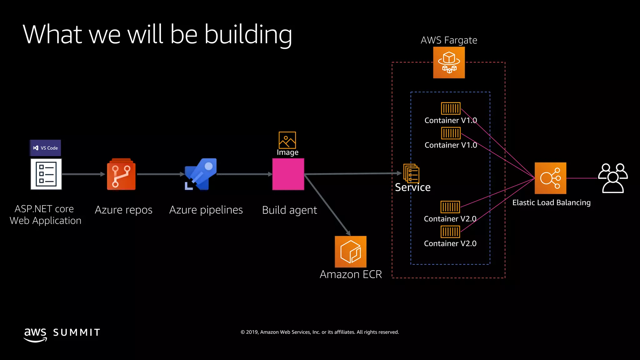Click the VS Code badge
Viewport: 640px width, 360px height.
coord(45,148)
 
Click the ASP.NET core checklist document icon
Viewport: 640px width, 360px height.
coord(46,174)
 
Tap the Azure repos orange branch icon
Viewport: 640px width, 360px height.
coord(121,175)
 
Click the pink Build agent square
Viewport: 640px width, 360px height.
coord(288,174)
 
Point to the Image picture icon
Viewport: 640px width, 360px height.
coord(287,140)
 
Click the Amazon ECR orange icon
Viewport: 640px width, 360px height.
coord(350,252)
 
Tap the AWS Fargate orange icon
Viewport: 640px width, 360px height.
coord(449,62)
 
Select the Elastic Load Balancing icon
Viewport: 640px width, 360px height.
coord(550,178)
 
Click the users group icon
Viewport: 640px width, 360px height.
coord(613,178)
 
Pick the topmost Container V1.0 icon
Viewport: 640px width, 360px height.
coord(451,108)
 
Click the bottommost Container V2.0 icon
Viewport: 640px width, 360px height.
coord(450,232)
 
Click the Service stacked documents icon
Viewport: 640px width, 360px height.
coord(411,173)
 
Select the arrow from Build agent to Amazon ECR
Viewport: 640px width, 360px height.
coord(327,205)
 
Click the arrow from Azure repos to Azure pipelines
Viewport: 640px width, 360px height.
coord(160,174)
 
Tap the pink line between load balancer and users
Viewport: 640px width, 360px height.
coord(582,178)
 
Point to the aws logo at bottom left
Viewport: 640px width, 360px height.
coord(35,335)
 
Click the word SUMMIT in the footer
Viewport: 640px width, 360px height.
coord(77,332)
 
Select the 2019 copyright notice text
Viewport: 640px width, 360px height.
coord(320,332)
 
